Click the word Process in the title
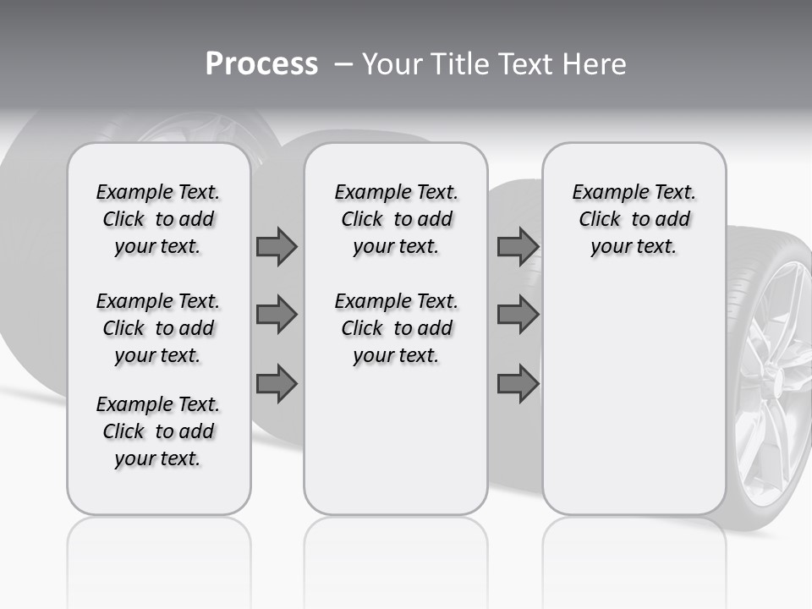tap(261, 64)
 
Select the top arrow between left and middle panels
tap(277, 246)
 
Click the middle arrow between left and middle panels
tap(277, 315)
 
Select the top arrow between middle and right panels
tap(518, 246)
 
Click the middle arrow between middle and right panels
tap(518, 315)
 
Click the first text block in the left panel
tap(158, 219)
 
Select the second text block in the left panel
tap(158, 328)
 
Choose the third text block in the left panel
tap(158, 431)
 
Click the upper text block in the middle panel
tap(396, 219)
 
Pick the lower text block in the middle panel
tap(396, 328)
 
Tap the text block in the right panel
tap(634, 219)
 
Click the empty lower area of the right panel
tap(634, 389)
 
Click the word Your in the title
tap(392, 64)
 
